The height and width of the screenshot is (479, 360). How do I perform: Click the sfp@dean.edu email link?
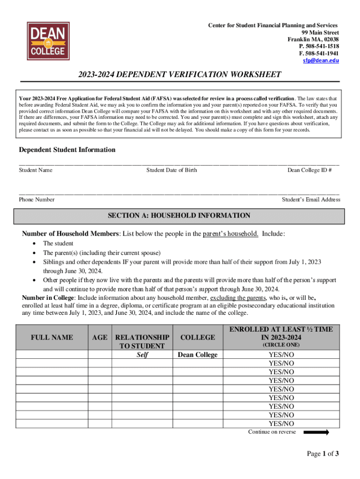click(x=321, y=61)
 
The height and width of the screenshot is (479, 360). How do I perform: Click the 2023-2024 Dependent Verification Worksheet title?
click(x=180, y=75)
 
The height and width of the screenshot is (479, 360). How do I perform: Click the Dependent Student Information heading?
click(x=67, y=150)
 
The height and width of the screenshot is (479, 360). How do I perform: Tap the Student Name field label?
click(x=36, y=170)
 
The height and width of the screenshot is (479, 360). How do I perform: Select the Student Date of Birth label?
click(x=172, y=170)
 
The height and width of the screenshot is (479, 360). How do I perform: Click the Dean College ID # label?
click(x=310, y=170)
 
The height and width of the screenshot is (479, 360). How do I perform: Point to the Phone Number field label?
click(x=36, y=200)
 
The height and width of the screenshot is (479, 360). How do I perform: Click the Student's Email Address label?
click(x=311, y=200)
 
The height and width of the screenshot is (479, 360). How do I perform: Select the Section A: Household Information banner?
click(x=180, y=216)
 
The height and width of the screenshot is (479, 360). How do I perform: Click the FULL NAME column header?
click(x=52, y=337)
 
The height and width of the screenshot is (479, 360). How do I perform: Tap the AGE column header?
click(x=100, y=337)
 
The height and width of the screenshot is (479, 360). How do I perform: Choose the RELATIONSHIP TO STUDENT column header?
click(x=142, y=341)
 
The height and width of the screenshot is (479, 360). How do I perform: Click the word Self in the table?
click(x=142, y=355)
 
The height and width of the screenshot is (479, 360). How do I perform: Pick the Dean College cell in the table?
click(x=198, y=355)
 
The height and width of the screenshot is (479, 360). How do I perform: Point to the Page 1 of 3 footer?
click(x=322, y=454)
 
